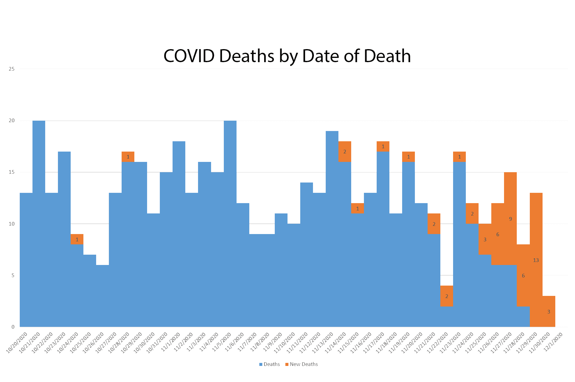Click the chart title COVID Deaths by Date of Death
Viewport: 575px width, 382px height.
(287, 56)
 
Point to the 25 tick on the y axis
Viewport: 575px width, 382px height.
(12, 69)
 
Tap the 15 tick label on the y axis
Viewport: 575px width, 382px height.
(12, 172)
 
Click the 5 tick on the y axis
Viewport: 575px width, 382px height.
(13, 275)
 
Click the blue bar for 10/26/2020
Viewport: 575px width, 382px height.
(103, 296)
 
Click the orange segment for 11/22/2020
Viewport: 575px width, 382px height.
(447, 296)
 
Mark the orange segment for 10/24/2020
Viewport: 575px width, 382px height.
(77, 239)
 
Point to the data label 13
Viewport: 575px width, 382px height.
(536, 260)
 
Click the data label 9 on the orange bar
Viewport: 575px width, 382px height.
(510, 219)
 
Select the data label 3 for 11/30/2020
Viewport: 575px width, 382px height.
(549, 312)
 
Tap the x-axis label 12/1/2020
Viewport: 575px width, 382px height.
(553, 342)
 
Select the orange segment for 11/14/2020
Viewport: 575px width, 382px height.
(345, 152)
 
